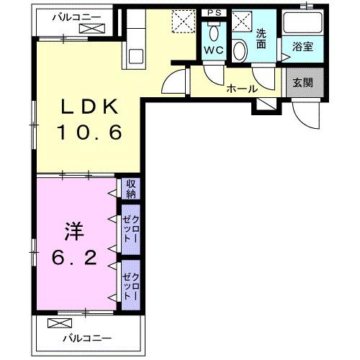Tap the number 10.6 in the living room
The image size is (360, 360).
(89, 132)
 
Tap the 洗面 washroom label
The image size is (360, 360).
(262, 37)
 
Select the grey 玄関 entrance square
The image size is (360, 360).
(302, 83)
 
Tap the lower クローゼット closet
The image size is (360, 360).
(130, 282)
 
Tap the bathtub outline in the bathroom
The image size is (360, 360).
(301, 24)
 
